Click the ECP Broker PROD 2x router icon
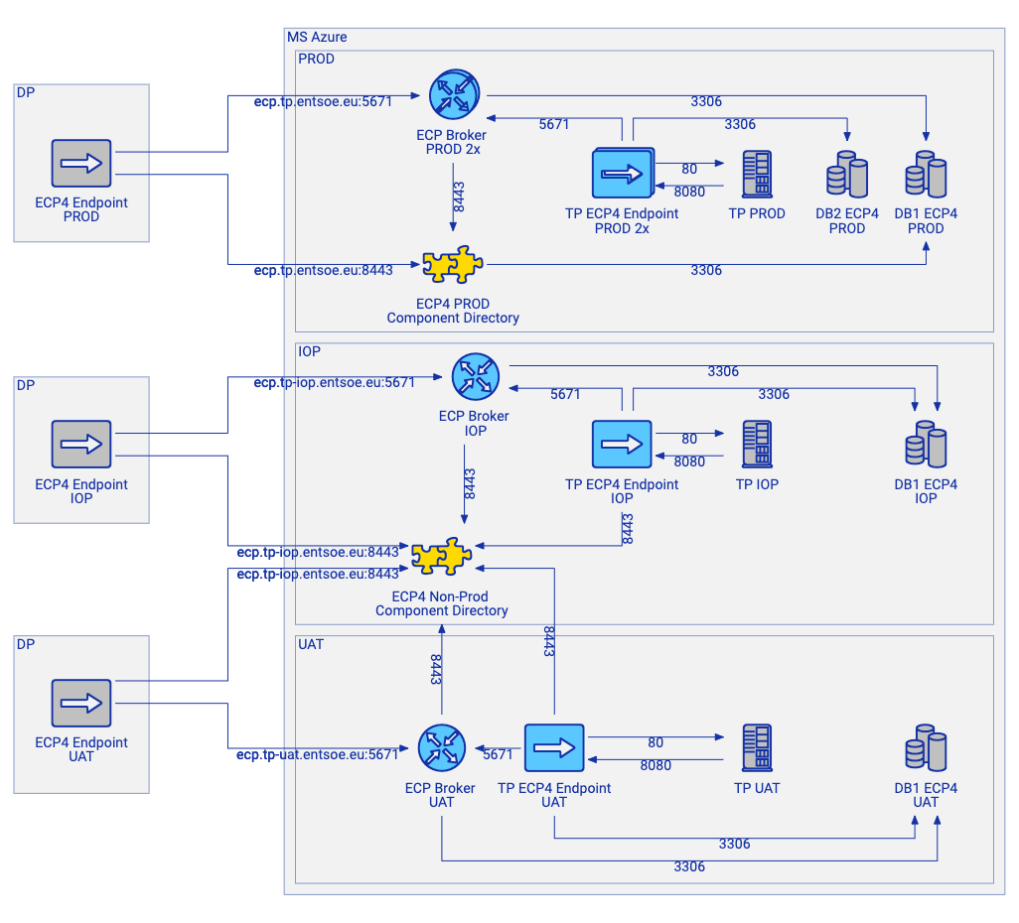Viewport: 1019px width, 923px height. point(454,94)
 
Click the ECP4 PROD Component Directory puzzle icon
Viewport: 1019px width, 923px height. point(453,266)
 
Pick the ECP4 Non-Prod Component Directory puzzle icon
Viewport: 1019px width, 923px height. point(442,558)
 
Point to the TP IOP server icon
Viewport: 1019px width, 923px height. point(757,444)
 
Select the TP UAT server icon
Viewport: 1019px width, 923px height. point(757,747)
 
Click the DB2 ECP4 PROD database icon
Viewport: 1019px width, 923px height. point(846,175)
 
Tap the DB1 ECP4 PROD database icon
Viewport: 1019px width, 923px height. point(926,175)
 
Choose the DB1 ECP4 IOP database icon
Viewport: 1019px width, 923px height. point(926,444)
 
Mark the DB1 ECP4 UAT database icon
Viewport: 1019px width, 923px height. point(926,747)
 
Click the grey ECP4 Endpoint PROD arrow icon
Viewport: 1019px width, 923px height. point(81,163)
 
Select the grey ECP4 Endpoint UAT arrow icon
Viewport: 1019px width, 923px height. point(81,703)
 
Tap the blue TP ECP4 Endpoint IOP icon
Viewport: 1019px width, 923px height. point(622,444)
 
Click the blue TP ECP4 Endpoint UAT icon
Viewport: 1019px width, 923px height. point(554,747)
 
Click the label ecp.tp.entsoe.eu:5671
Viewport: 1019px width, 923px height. point(324,101)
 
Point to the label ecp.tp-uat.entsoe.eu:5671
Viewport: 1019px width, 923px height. point(317,754)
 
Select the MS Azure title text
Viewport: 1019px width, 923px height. point(317,37)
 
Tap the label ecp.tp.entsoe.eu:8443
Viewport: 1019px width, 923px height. point(324,270)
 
